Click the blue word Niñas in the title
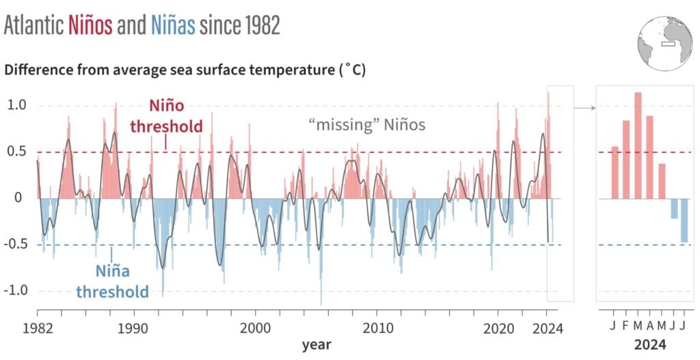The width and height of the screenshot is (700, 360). [x=172, y=25]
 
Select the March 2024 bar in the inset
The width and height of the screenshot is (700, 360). [x=638, y=146]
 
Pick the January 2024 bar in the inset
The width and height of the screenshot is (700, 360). [x=614, y=172]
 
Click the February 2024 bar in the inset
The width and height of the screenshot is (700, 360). [x=625, y=159]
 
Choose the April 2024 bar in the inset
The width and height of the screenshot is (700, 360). [x=649, y=157]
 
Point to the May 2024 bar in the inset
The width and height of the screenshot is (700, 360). [x=662, y=181]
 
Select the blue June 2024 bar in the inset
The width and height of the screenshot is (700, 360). [x=674, y=208]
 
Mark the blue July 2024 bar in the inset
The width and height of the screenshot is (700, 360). [x=684, y=220]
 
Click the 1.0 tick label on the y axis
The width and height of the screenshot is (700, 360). [x=17, y=106]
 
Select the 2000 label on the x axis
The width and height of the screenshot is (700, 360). [x=255, y=328]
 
